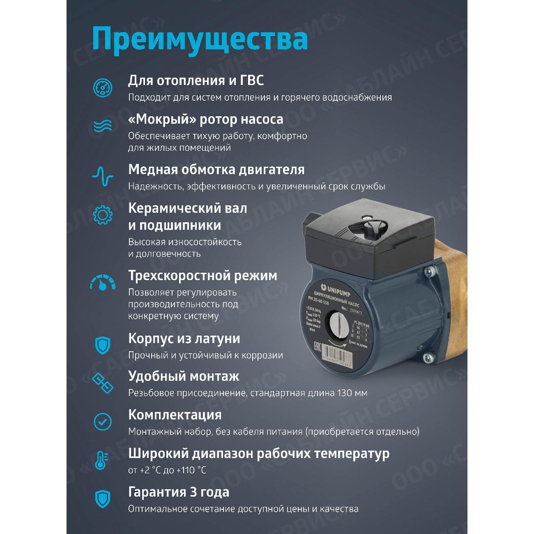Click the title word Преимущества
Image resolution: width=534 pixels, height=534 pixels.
200,39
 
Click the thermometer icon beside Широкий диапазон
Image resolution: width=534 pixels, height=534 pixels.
101,460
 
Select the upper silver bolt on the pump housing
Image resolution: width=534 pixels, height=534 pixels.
430,271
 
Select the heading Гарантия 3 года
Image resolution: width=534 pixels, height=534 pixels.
179,492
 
